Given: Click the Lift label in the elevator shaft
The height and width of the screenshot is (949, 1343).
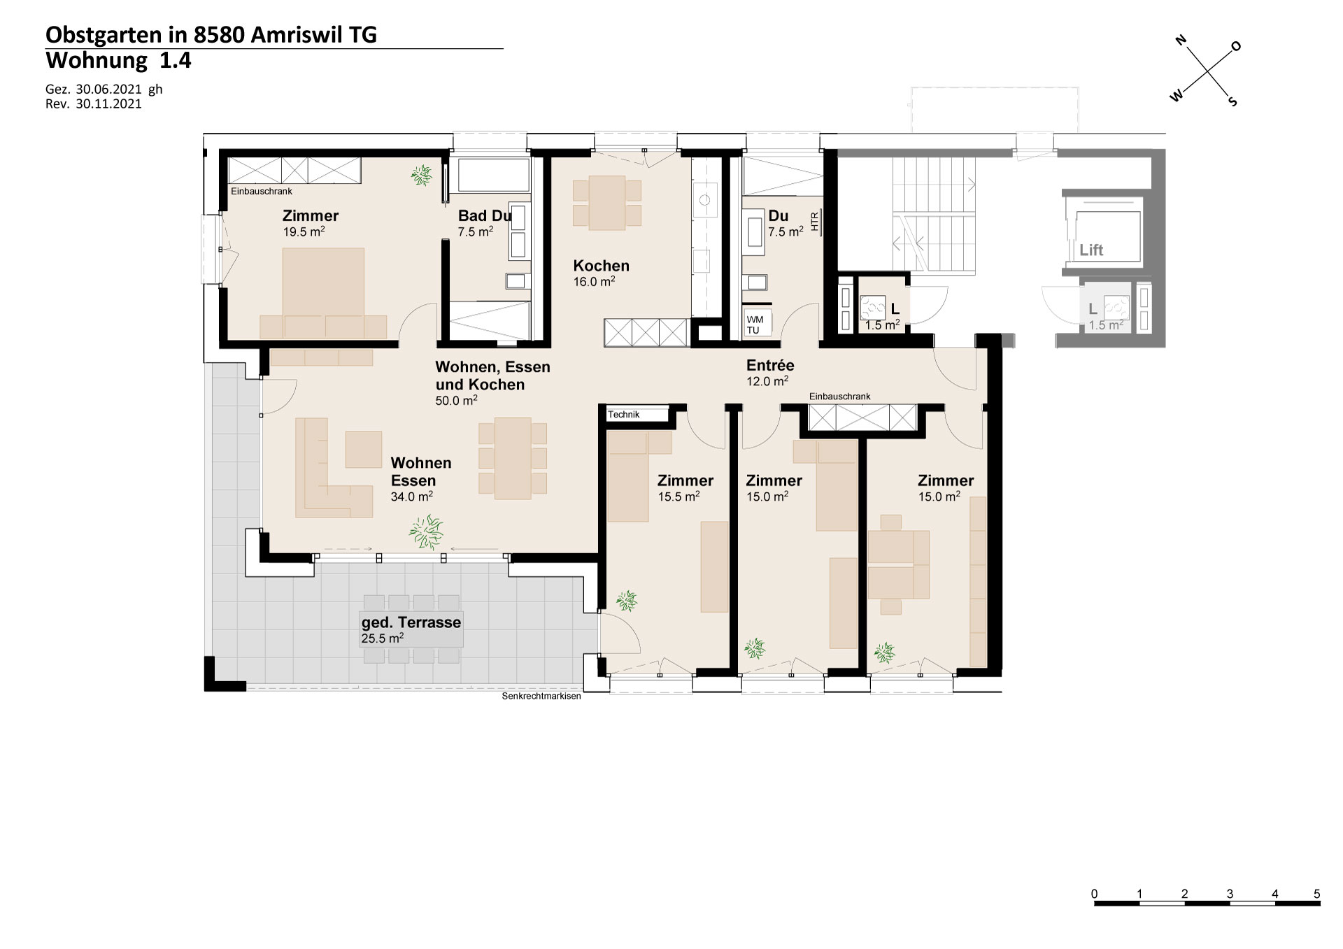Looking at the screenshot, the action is point(1091,250).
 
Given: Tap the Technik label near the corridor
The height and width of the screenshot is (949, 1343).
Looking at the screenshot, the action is point(624,415).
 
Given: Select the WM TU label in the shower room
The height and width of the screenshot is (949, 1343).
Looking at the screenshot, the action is point(755,325).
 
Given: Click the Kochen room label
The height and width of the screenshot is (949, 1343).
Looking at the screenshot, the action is point(601,266).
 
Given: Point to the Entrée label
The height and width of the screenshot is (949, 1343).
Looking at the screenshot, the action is point(770,365).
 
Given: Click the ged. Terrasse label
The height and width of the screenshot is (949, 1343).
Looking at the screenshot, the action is point(411,622).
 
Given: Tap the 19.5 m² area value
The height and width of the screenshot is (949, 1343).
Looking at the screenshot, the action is point(304,232).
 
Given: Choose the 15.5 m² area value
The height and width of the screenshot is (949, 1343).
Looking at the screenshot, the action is point(678,497).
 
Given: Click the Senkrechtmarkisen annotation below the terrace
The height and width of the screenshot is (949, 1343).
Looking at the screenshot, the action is point(541,697).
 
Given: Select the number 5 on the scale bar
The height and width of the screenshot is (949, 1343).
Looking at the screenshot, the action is point(1316,894).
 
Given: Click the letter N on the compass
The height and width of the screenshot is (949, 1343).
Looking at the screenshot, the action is point(1181,41).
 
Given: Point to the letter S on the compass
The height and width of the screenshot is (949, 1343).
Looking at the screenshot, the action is point(1232,101).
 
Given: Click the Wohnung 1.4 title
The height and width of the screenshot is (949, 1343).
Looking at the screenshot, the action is point(118,61).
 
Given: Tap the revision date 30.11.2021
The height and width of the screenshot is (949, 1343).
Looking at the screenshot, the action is point(108,104).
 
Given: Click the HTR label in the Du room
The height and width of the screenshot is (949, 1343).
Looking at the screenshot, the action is point(814,221).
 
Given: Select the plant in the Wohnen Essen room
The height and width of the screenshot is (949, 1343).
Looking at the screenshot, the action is point(426,532).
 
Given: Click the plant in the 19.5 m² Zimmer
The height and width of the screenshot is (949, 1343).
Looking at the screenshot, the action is point(421,175).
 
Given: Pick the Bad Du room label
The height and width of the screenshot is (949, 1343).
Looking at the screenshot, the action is point(485,216).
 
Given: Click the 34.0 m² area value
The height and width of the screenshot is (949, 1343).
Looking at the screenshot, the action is point(412,497).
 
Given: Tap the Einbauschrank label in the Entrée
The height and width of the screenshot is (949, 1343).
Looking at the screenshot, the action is point(840,397).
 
